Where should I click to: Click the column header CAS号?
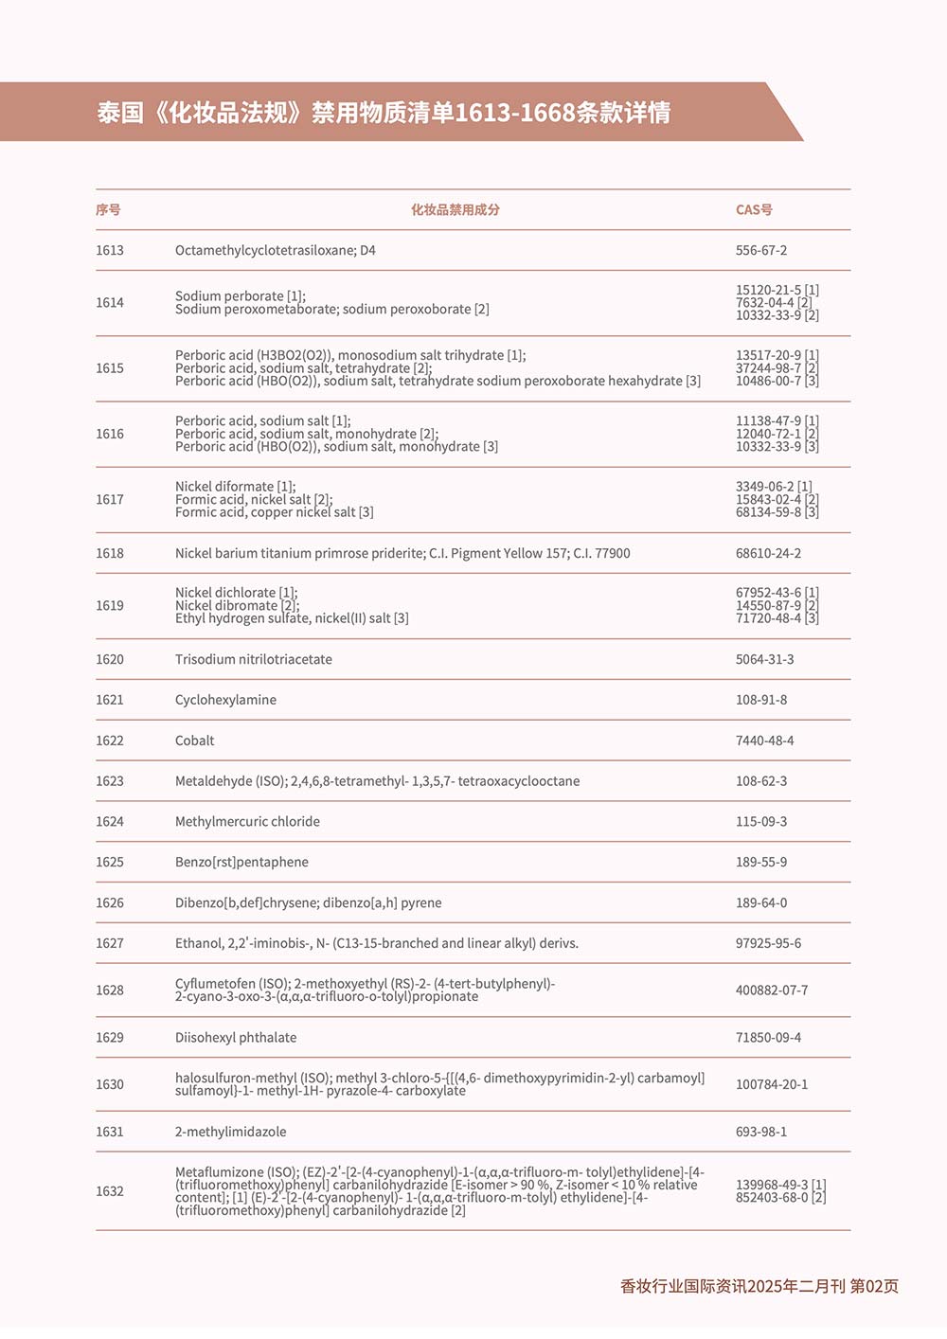(x=754, y=209)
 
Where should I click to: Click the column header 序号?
(x=108, y=209)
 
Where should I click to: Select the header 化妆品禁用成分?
(x=455, y=209)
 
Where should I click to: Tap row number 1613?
(x=110, y=250)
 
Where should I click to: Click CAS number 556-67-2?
(x=761, y=250)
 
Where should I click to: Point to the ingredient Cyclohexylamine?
(x=225, y=700)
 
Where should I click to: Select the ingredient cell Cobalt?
(x=194, y=741)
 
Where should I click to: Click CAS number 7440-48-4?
(x=764, y=741)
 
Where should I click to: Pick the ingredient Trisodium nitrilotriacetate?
(x=253, y=659)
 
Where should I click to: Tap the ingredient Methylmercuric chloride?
(x=247, y=821)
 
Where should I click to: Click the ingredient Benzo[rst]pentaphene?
(x=241, y=862)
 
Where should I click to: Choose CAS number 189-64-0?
(x=761, y=902)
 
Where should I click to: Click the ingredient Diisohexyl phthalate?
(x=236, y=1037)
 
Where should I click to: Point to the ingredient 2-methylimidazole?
(x=230, y=1132)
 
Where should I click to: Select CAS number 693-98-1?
(x=761, y=1132)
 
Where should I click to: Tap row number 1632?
(x=110, y=1191)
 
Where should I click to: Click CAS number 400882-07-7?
(x=772, y=990)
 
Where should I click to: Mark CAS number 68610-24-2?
(x=768, y=553)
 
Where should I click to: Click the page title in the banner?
(x=384, y=113)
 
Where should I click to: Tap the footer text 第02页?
(x=874, y=1286)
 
